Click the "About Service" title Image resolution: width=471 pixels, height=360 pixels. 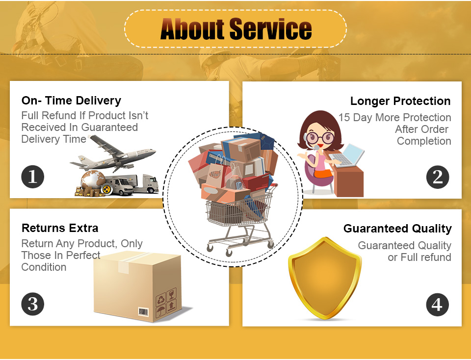click(x=236, y=29)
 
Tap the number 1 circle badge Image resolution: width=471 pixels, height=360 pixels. click(x=33, y=177)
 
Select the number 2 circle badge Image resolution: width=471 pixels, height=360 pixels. click(x=438, y=177)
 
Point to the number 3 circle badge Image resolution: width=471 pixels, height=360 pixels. click(x=33, y=304)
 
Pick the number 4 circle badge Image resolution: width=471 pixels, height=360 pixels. click(x=438, y=305)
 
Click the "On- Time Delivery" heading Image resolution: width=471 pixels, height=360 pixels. click(x=71, y=100)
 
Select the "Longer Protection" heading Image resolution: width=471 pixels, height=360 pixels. click(x=400, y=101)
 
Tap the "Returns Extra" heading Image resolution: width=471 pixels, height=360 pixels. click(x=60, y=228)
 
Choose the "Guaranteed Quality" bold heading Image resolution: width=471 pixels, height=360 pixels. click(x=397, y=229)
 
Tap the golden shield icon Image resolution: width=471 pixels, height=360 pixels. click(x=325, y=278)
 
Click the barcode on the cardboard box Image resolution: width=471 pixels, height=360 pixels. click(x=143, y=312)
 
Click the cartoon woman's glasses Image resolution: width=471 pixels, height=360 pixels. click(x=321, y=138)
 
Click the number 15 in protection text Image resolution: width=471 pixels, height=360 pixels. click(x=344, y=117)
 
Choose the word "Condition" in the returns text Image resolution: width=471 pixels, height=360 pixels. click(x=44, y=267)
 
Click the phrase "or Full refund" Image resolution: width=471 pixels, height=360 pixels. click(x=419, y=257)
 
